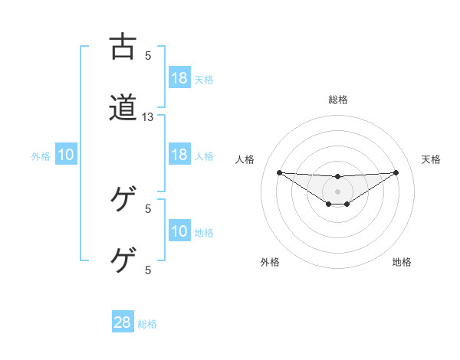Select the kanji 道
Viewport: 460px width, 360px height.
[x=123, y=108]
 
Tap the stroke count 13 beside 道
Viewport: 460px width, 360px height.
[x=148, y=117]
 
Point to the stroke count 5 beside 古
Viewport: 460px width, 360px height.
[x=148, y=55]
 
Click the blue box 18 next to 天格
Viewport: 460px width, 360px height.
[x=179, y=77]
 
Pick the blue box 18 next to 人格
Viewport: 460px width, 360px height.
[x=179, y=155]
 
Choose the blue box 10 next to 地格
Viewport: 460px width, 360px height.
[x=179, y=231]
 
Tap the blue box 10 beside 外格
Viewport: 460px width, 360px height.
[x=66, y=155]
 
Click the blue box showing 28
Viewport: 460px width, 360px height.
[x=123, y=322]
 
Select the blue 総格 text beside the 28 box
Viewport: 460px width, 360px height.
[x=147, y=324]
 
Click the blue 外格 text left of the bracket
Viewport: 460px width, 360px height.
[x=41, y=156]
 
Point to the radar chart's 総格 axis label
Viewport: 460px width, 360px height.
[x=338, y=100]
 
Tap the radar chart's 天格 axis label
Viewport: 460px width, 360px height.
[x=432, y=159]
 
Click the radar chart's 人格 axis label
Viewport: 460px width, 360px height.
[x=245, y=159]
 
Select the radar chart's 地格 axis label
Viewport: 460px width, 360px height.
[x=402, y=262]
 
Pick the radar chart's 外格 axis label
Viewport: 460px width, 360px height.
[x=270, y=262]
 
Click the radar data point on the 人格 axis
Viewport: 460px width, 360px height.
[x=279, y=172]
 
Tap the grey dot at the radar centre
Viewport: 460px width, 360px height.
[x=338, y=191]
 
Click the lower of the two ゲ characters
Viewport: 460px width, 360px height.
[x=123, y=261]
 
